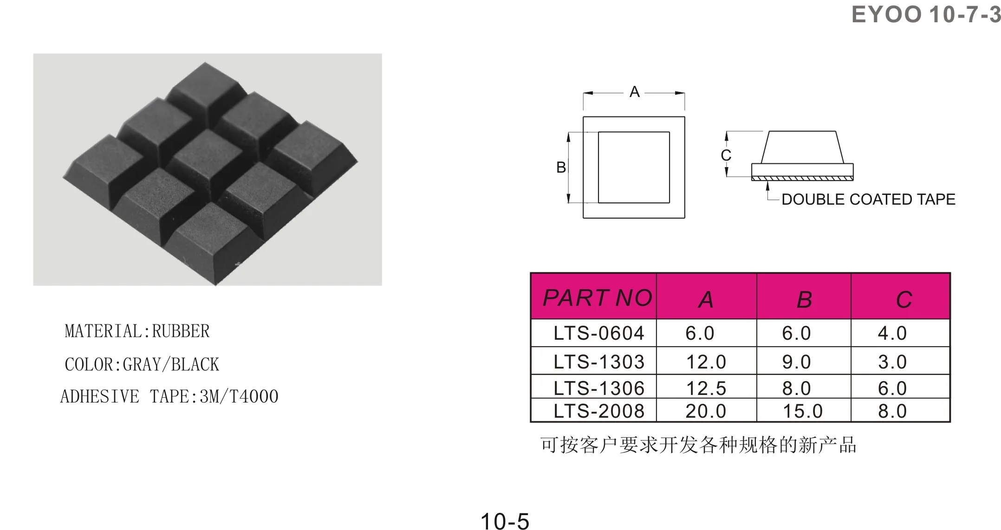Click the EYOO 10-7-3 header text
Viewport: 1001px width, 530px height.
926,14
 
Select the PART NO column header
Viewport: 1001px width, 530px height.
598,297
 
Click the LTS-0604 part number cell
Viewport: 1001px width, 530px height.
599,333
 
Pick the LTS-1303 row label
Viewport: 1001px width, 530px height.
599,362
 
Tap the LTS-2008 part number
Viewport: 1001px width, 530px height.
599,411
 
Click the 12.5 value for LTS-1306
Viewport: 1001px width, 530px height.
706,388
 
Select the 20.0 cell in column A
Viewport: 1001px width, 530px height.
706,411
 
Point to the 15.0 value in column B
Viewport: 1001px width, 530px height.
803,411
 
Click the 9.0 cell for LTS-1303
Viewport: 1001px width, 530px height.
796,362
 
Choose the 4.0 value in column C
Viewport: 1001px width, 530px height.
892,333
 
